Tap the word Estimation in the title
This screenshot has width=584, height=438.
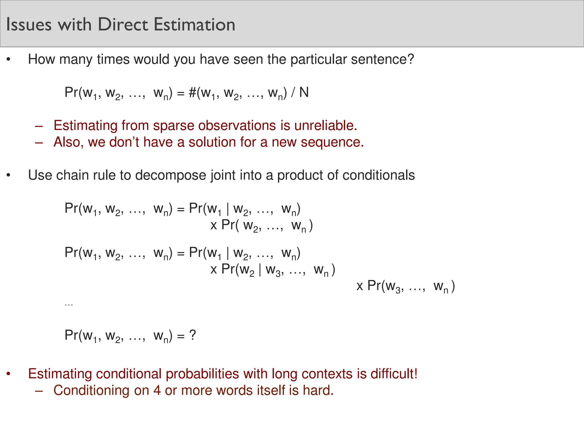[x=194, y=25]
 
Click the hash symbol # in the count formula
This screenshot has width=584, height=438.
[x=192, y=92]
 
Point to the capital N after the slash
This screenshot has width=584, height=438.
[x=304, y=92]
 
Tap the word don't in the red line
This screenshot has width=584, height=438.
[x=124, y=142]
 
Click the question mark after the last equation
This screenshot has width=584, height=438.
[x=193, y=335]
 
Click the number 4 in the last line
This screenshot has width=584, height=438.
[x=157, y=390]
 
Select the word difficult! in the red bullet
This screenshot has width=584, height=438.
[x=394, y=374]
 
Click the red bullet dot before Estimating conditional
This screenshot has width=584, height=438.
[x=9, y=374]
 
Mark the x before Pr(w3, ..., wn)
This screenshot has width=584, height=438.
[x=360, y=286]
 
